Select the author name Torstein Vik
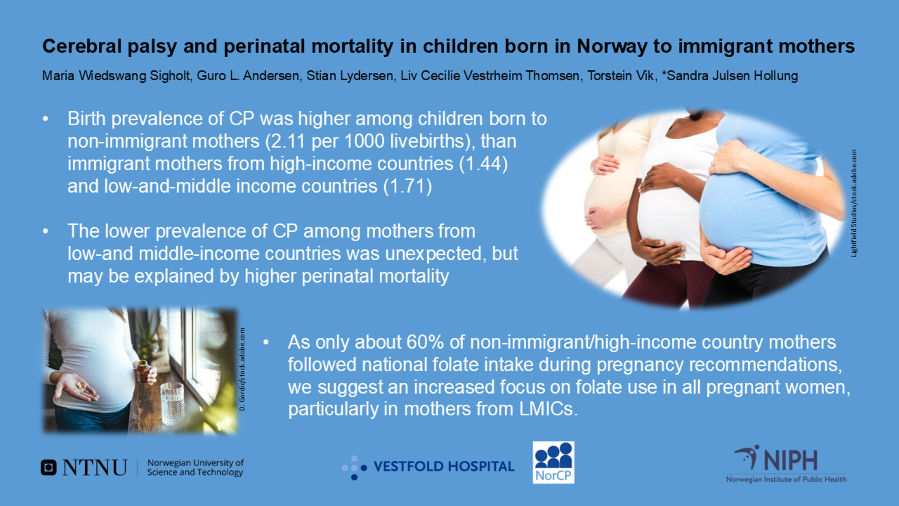coord(621,75)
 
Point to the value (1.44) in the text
coord(483,163)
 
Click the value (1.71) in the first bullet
coord(408,186)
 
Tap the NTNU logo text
coord(95,467)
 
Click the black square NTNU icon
coord(48,467)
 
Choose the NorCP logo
coord(553,462)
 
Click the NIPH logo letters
coord(791,461)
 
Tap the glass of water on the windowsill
coord(172,404)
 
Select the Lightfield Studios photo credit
coord(854,203)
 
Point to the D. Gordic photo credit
coord(242,370)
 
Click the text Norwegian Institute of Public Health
coord(786,479)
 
